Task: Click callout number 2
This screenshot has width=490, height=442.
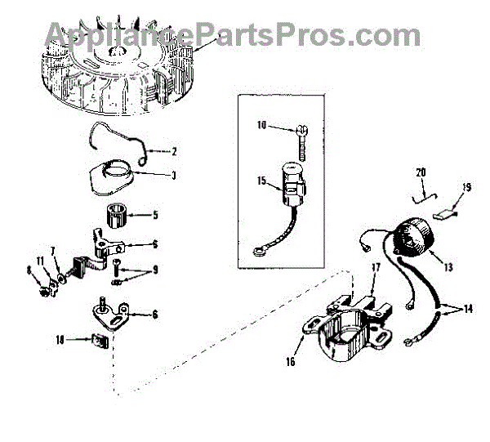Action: (174, 150)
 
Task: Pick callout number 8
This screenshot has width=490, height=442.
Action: (29, 270)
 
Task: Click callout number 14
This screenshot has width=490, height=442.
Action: (466, 311)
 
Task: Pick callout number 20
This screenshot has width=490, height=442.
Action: (421, 172)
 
